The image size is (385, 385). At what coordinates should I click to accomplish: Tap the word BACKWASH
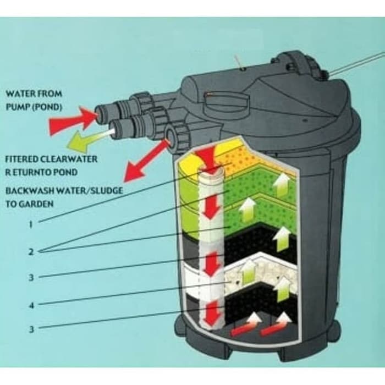(29, 191)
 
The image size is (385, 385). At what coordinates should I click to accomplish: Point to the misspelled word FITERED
(21, 159)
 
